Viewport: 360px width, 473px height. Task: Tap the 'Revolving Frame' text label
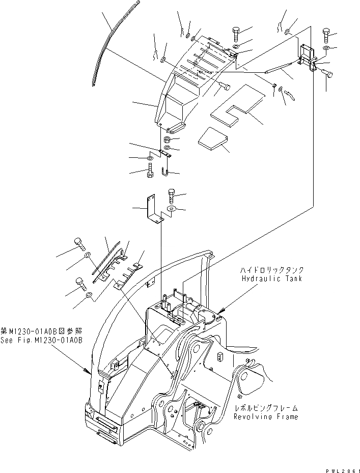point(266,416)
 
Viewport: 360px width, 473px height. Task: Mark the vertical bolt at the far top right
point(326,36)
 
